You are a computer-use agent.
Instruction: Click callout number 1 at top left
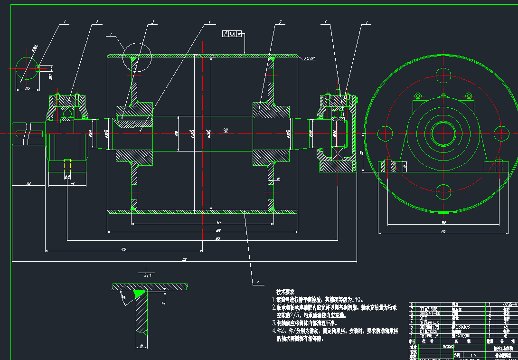[x=65, y=22]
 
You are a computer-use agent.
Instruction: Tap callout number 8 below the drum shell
[x=258, y=281]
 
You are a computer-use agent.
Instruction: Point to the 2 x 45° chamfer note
[x=309, y=58]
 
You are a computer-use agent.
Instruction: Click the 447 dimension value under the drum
[x=218, y=222]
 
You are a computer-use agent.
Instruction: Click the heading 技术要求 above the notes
[x=285, y=292]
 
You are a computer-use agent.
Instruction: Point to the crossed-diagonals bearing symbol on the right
[x=339, y=153]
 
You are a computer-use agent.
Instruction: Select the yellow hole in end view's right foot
[x=498, y=166]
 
